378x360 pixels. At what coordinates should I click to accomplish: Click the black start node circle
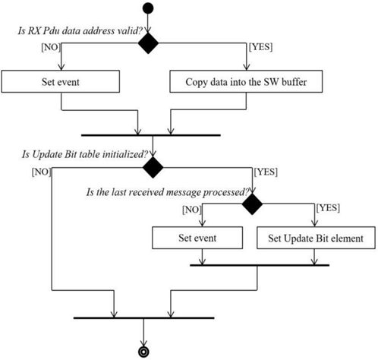point(148,8)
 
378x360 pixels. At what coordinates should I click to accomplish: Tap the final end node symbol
point(143,352)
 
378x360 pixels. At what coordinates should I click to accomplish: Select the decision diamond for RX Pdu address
point(148,43)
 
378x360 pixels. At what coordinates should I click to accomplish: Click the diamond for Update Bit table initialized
point(153,167)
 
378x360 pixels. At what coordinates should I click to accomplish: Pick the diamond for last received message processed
point(252,204)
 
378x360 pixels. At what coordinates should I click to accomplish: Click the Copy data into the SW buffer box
point(246,81)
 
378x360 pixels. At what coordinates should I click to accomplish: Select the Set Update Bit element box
point(316,238)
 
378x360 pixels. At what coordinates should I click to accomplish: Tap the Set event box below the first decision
point(61,81)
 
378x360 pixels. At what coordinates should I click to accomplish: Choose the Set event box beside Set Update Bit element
point(197,238)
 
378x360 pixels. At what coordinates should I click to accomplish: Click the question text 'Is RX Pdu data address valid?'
point(80,31)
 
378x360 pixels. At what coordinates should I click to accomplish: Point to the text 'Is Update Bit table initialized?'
point(85,154)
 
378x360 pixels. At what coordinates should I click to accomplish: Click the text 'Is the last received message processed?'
point(168,192)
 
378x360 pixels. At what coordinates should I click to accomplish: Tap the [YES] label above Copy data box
point(261,47)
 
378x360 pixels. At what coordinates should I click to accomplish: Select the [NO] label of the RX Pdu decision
point(51,47)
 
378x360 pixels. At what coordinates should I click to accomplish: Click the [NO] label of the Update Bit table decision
point(41,172)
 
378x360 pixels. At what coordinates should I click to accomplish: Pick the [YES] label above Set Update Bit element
point(328,208)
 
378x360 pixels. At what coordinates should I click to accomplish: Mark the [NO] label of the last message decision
point(192,210)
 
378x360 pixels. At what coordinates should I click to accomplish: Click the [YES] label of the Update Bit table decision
point(266,172)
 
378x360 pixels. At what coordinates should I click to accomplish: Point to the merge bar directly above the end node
point(144,317)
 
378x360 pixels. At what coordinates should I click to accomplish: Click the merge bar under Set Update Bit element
point(260,265)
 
